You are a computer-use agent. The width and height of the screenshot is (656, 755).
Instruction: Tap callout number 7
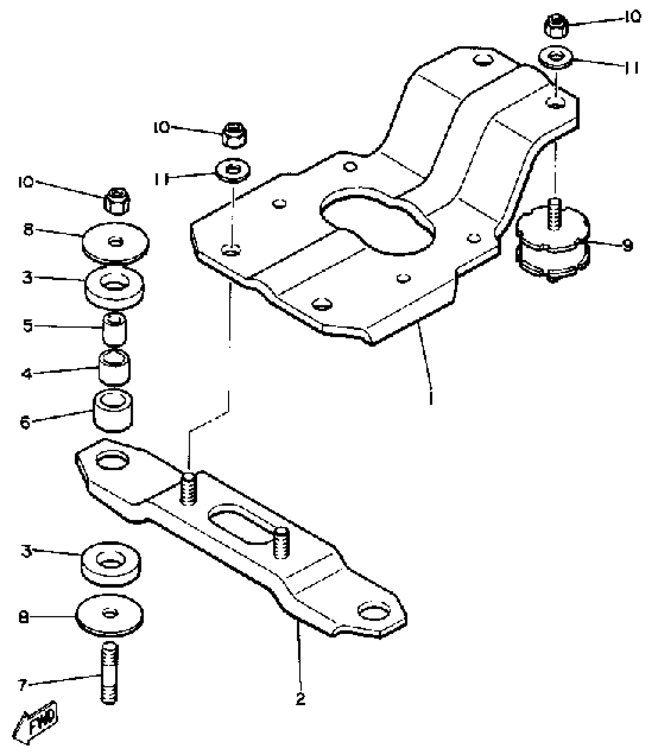click(22, 685)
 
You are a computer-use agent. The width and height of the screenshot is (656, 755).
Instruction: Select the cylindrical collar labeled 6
click(113, 411)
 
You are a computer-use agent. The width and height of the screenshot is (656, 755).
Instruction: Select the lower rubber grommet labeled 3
click(111, 563)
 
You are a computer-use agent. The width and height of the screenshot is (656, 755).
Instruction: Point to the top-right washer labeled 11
click(556, 58)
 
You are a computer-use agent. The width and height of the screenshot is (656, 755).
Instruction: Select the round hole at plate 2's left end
click(112, 460)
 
